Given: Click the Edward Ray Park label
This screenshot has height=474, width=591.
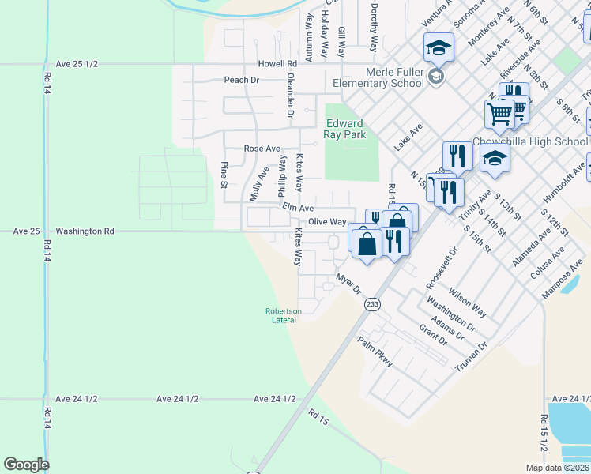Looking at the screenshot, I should coord(344,129).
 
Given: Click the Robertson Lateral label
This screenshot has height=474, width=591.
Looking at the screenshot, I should coord(283,315).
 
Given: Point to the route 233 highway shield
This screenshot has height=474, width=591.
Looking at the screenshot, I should coord(374,303).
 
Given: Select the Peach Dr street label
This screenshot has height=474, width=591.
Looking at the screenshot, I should coord(242,80).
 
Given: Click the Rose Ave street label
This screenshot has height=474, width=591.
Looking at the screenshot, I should coord(262,149).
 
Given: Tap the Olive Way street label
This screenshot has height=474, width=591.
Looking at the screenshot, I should coord(327,222).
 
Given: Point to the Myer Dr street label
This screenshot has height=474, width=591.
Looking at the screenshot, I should coord(348,284).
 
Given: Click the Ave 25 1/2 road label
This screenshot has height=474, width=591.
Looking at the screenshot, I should coord(77,63).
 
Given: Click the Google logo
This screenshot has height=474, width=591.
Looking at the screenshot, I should coord(26,465).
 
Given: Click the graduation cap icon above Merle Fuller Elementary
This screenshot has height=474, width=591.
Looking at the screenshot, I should coord(439,47).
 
